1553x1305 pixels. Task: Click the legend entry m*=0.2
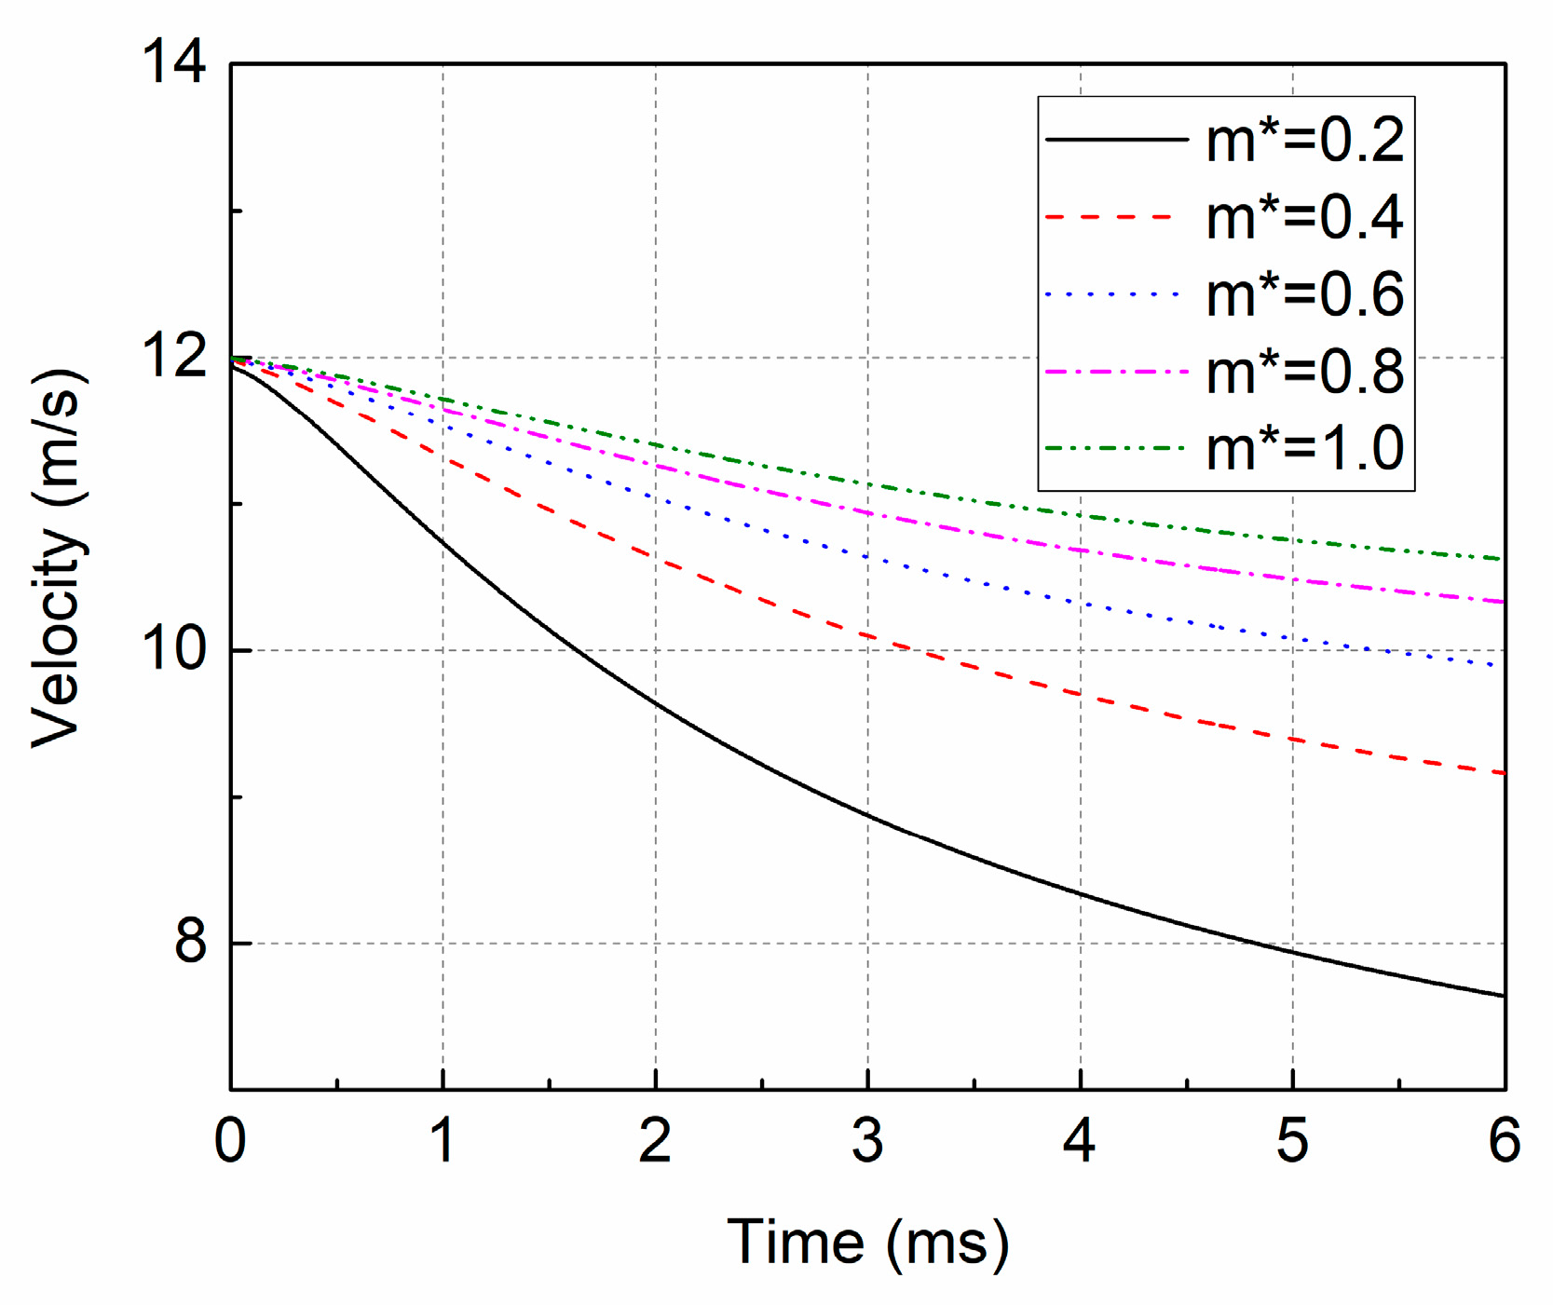click(x=1304, y=142)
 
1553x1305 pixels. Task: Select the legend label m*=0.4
click(x=1304, y=219)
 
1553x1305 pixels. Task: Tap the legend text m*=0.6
click(x=1304, y=295)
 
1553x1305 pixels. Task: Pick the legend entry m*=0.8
click(x=1304, y=373)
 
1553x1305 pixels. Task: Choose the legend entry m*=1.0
click(x=1304, y=449)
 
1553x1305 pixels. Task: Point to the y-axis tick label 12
click(x=173, y=357)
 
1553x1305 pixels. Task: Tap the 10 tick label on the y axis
click(x=173, y=649)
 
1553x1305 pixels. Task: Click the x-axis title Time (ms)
click(x=867, y=1243)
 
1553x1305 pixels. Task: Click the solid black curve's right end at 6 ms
click(x=1503, y=996)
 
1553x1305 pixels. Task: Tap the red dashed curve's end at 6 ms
click(x=1503, y=772)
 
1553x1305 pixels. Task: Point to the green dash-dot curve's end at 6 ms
click(x=1503, y=559)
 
